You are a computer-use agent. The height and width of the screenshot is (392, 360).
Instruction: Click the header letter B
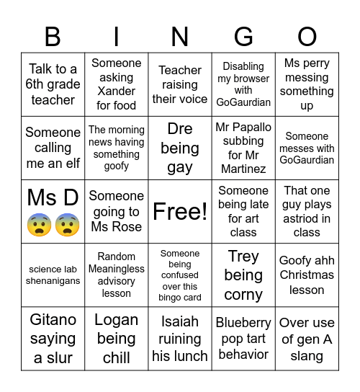pos(53,36)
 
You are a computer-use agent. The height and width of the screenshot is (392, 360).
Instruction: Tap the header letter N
pos(180,36)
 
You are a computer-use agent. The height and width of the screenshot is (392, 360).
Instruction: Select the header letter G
pos(243,36)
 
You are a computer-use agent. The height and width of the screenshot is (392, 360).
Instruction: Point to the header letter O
pos(307,36)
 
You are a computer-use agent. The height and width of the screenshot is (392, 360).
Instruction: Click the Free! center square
pos(180,212)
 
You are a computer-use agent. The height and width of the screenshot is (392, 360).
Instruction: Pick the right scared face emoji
pos(67,226)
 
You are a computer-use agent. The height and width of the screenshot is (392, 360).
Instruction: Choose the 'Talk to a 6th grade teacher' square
pos(53,84)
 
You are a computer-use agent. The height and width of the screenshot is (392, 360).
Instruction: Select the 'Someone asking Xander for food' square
pos(117,84)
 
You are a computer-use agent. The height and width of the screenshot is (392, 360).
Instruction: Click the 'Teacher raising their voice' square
pos(180,84)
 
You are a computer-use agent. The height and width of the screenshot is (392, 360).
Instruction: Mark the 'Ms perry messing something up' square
pos(307,84)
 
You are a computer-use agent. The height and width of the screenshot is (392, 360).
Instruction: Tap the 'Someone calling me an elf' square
pos(53,148)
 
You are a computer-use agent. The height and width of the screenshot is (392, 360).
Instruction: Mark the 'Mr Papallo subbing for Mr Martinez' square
pos(243,148)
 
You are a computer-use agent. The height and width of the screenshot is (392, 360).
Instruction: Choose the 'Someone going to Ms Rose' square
pos(117,212)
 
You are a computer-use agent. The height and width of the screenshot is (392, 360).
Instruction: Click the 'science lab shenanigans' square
pos(53,275)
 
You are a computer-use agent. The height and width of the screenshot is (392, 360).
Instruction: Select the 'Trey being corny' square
pos(243,275)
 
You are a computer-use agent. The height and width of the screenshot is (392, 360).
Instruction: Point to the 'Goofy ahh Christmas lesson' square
pos(307,275)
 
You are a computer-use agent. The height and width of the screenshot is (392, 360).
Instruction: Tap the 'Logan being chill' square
pos(117,339)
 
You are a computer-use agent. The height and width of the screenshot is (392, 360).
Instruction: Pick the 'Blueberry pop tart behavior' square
pos(243,339)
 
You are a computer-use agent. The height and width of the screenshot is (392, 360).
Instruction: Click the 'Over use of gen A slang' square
pos(307,339)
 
